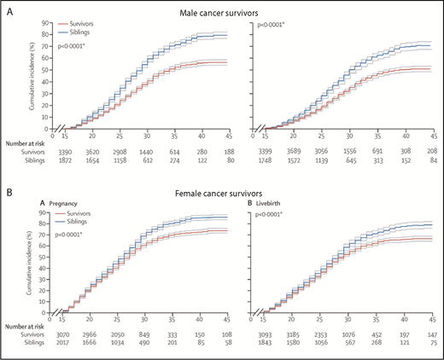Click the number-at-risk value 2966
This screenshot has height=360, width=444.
[x=96, y=336]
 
